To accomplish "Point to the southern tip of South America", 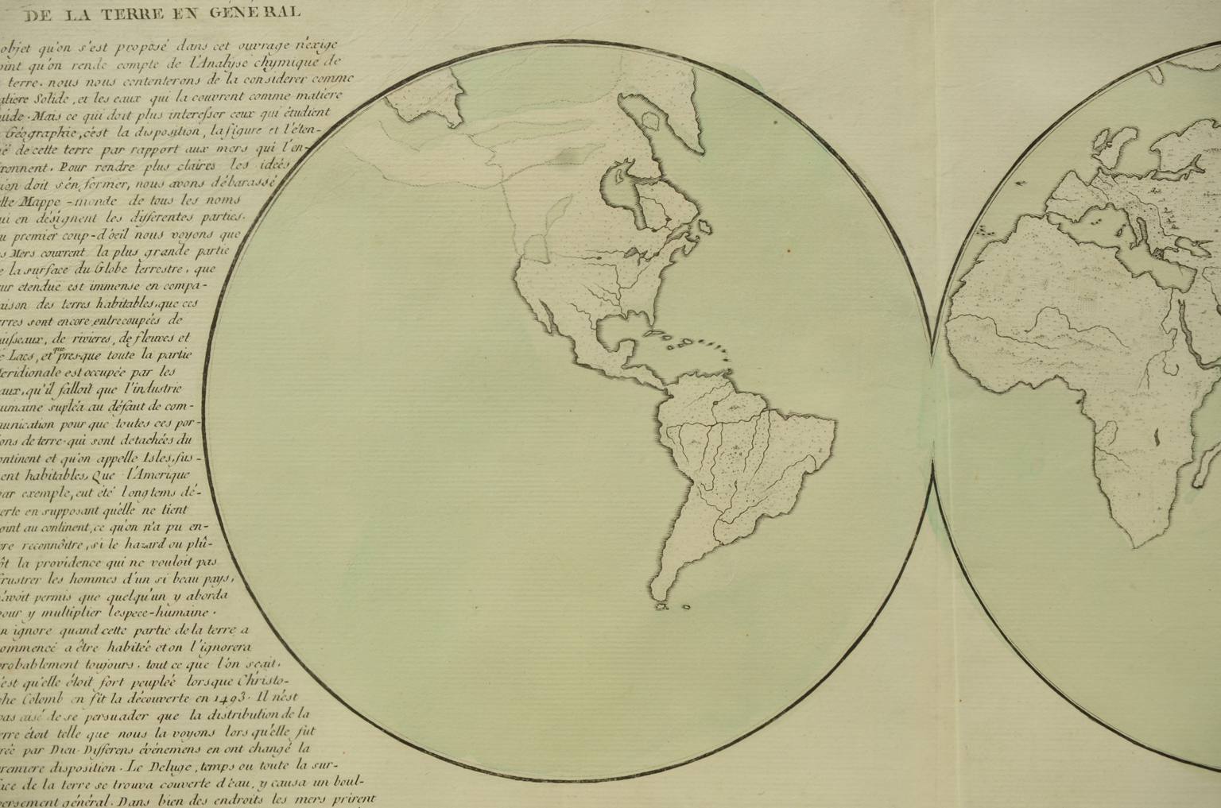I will [x=665, y=604].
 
